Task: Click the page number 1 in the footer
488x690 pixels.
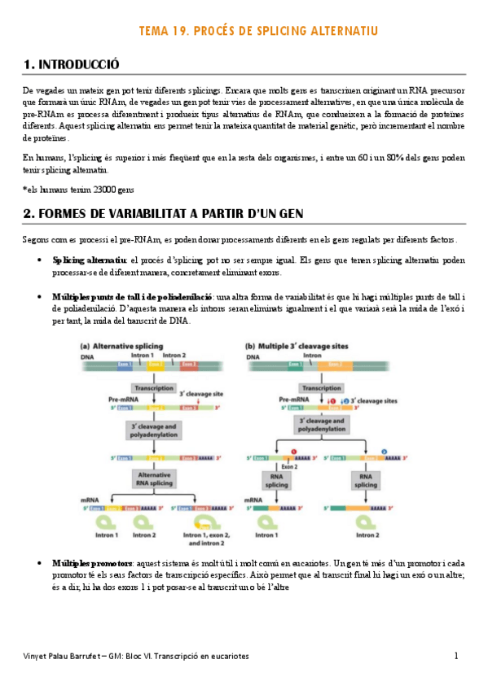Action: click(456, 656)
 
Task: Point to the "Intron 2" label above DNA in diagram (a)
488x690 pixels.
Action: click(174, 355)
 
